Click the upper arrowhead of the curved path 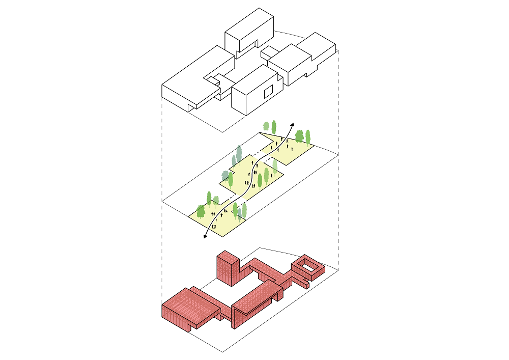click(293, 124)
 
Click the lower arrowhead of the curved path click(205, 236)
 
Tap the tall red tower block click(227, 267)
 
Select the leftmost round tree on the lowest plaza click(200, 211)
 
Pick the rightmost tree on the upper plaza click(307, 136)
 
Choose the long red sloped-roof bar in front click(257, 300)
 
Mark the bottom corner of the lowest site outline click(222, 352)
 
